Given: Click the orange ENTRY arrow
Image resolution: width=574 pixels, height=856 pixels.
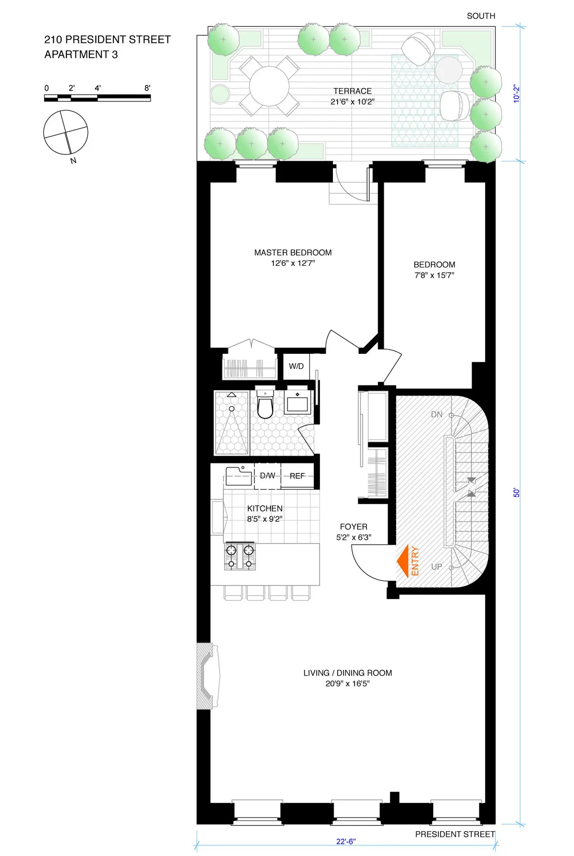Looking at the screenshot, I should click(x=403, y=561).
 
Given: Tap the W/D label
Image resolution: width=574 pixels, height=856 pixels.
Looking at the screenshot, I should click(x=296, y=366).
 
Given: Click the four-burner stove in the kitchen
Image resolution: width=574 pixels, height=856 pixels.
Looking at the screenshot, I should click(x=240, y=557).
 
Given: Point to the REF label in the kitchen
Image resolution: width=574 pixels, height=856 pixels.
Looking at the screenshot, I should click(x=297, y=476).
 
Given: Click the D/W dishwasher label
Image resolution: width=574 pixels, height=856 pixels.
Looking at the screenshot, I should click(x=267, y=476).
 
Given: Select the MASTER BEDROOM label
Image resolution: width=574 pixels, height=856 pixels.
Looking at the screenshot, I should click(x=293, y=252).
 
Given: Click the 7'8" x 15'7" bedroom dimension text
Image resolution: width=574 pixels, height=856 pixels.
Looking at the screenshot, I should click(x=434, y=275).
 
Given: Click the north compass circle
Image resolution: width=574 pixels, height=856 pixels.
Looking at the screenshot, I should click(x=66, y=132).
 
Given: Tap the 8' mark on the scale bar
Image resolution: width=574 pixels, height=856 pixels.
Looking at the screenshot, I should click(x=147, y=88).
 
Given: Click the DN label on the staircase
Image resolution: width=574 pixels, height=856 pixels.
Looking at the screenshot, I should click(x=436, y=415).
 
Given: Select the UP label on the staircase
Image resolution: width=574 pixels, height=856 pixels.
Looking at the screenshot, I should click(x=436, y=567).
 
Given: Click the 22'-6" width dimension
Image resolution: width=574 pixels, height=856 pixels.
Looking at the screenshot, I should click(x=346, y=841).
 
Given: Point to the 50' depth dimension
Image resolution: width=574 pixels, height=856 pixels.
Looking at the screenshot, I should click(x=517, y=492).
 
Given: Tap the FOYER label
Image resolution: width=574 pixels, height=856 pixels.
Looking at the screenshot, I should click(x=353, y=527).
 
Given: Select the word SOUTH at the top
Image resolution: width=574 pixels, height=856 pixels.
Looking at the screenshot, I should click(x=481, y=16).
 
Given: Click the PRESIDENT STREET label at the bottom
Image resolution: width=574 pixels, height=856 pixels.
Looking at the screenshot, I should click(x=454, y=834).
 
